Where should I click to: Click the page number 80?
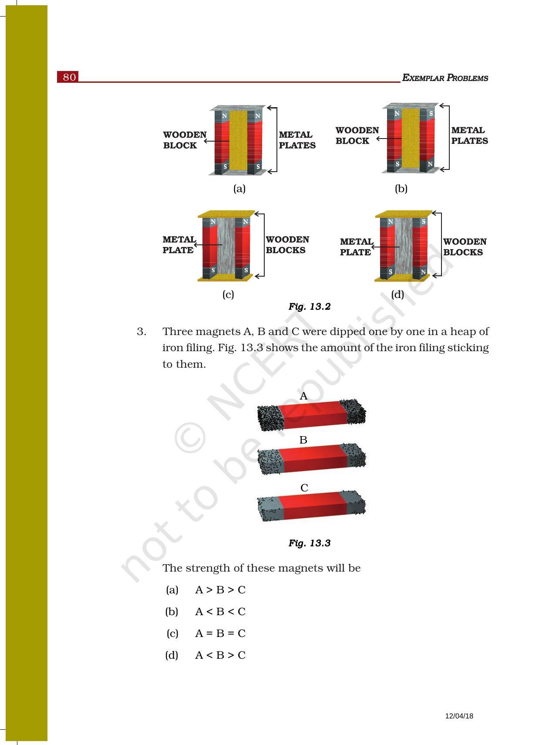click(69, 77)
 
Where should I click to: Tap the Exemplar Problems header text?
click(445, 78)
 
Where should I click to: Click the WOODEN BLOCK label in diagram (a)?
click(185, 140)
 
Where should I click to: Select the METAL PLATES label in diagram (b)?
click(469, 135)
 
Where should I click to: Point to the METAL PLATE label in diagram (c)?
click(178, 245)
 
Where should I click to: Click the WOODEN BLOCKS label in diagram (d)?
click(465, 247)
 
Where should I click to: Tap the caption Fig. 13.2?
click(309, 307)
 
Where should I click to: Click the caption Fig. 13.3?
click(309, 543)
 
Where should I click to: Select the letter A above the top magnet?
click(304, 396)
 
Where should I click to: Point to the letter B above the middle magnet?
click(303, 440)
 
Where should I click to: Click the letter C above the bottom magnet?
click(304, 488)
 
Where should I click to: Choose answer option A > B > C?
click(220, 590)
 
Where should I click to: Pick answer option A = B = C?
click(220, 633)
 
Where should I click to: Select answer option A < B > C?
click(220, 655)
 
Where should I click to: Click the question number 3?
click(141, 332)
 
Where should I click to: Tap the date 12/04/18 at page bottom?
click(459, 716)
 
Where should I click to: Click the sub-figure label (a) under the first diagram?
click(239, 189)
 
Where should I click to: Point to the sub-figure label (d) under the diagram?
click(398, 295)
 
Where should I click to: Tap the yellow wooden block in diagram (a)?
click(238, 139)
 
